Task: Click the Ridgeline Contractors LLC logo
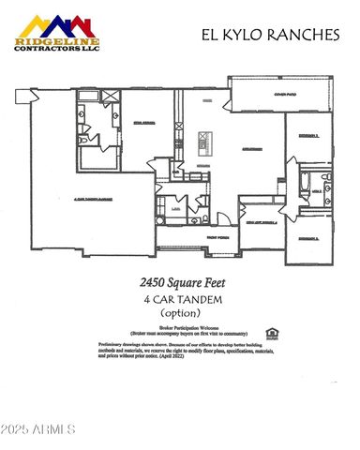pyautogui.click(x=55, y=33)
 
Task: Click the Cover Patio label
pyautogui.click(x=285, y=94)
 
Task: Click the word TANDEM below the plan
pyautogui.click(x=199, y=299)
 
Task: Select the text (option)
pyautogui.click(x=180, y=313)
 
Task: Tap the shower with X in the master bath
pyautogui.click(x=109, y=97)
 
